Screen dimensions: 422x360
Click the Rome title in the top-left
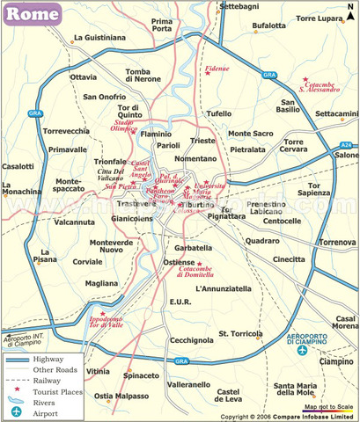click(33, 14)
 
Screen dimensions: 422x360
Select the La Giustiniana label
click(100, 38)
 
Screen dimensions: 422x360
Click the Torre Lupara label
click(317, 18)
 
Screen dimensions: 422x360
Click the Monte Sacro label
click(252, 134)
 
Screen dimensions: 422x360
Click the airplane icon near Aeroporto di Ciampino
click(303, 351)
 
